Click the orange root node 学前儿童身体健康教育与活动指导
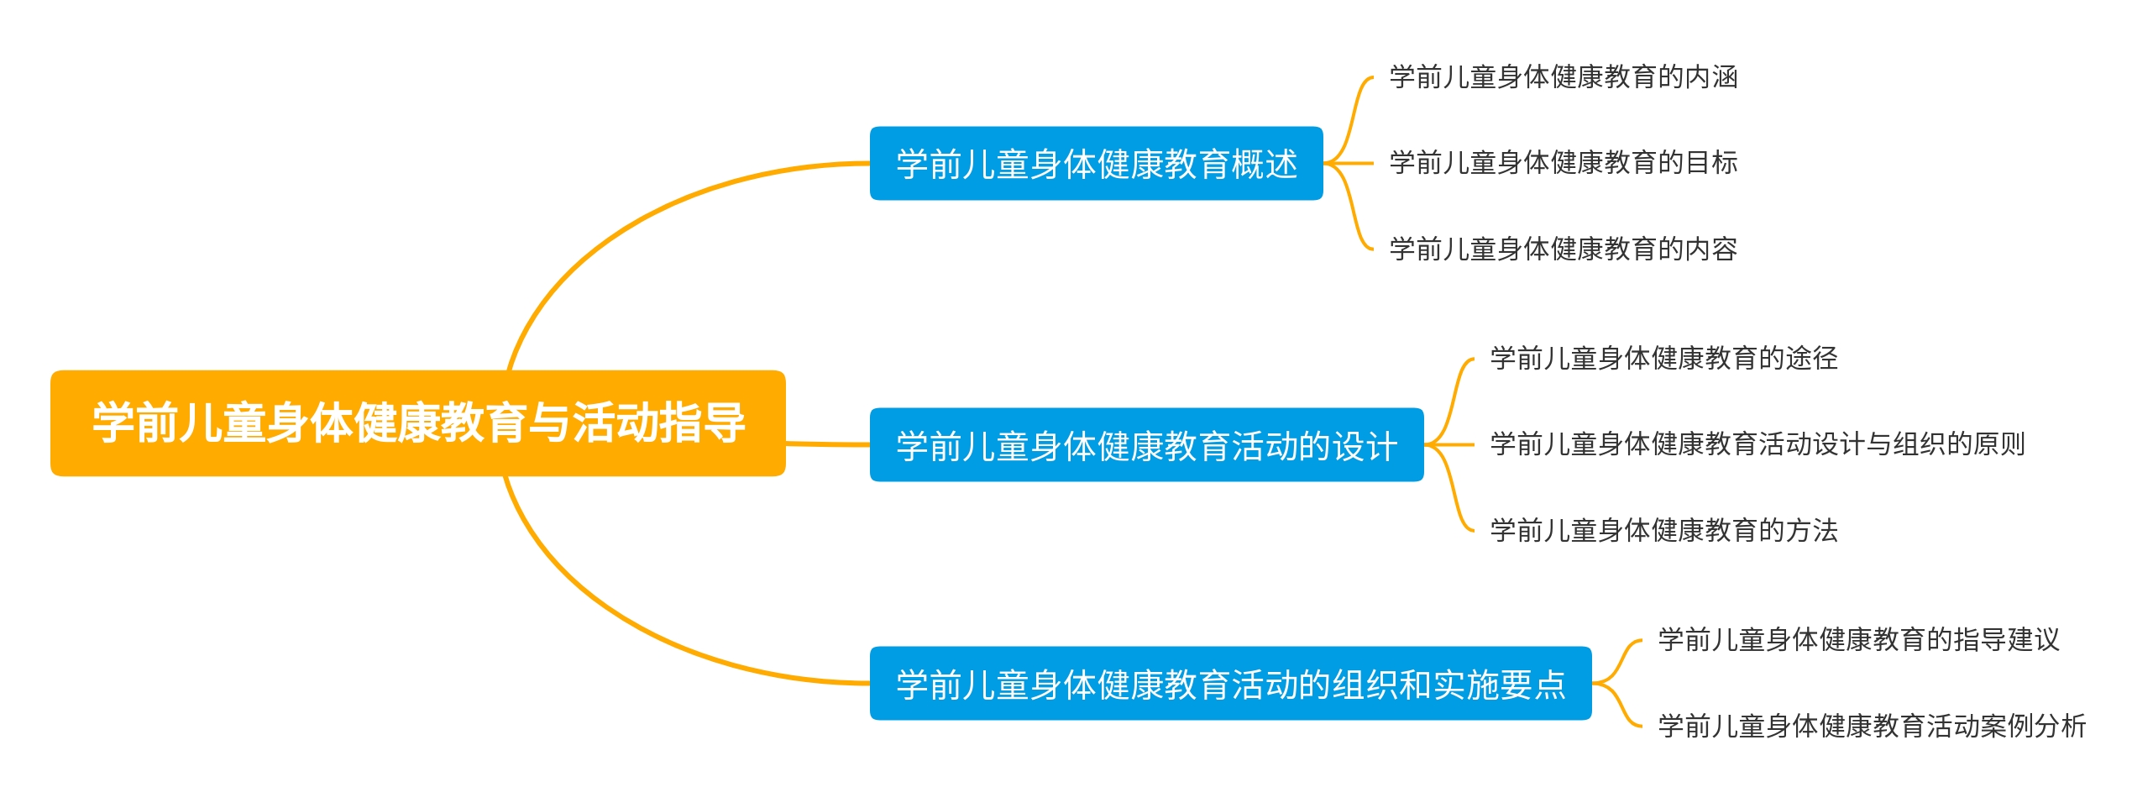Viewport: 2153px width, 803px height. click(417, 422)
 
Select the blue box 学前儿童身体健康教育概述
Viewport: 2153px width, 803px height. click(1096, 164)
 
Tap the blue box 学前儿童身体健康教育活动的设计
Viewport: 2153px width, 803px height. click(1146, 445)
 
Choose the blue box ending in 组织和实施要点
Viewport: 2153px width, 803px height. click(1230, 684)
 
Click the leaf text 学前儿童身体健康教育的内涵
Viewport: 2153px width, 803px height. click(1563, 77)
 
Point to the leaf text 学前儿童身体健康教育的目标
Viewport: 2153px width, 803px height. click(1563, 163)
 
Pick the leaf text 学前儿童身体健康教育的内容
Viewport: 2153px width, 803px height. click(1563, 249)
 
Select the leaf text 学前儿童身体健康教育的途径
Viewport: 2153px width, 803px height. click(1663, 359)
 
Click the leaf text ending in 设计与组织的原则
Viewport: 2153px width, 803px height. click(1757, 444)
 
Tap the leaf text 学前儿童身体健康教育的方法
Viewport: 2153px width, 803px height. click(1663, 530)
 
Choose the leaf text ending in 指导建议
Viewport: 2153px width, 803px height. click(1858, 640)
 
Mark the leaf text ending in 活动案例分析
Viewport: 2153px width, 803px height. click(1872, 726)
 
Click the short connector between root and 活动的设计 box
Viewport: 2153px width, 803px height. click(827, 443)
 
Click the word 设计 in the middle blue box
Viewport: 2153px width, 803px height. click(1365, 445)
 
